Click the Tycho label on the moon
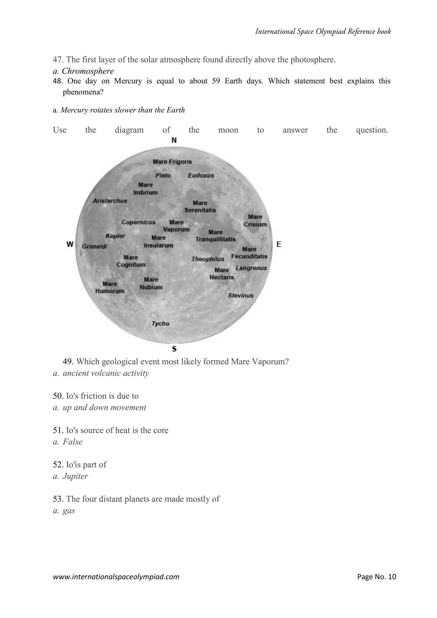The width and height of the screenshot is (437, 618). pyautogui.click(x=160, y=324)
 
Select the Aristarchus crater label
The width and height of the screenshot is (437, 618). pyautogui.click(x=110, y=201)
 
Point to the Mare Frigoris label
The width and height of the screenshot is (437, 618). pyautogui.click(x=172, y=162)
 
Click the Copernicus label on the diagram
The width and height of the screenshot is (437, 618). pyautogui.click(x=138, y=222)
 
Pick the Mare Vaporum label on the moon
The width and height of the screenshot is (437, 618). pyautogui.click(x=176, y=226)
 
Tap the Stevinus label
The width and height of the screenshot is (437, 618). pyautogui.click(x=240, y=296)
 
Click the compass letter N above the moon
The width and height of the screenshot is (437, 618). pyautogui.click(x=174, y=140)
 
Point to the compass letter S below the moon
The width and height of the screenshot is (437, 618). pyautogui.click(x=174, y=349)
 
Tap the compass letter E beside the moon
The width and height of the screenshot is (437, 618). pyautogui.click(x=279, y=244)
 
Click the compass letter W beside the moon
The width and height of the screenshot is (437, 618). pyautogui.click(x=70, y=244)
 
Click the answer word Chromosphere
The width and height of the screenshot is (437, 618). pyautogui.click(x=88, y=71)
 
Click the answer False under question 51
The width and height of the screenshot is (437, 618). pyautogui.click(x=72, y=442)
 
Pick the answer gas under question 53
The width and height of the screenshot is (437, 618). pyautogui.click(x=69, y=511)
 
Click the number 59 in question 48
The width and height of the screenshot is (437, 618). pyautogui.click(x=216, y=81)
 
